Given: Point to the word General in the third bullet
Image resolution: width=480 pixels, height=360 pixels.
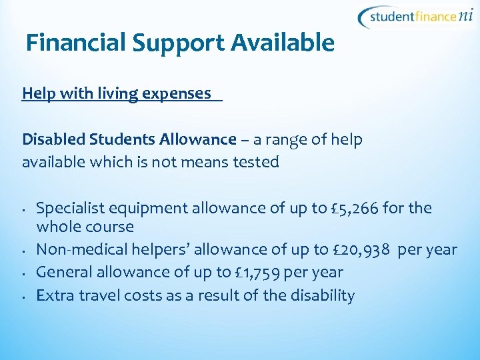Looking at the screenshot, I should pos(62,273).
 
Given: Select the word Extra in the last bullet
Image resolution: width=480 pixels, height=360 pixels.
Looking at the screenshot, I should pos(54,295).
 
